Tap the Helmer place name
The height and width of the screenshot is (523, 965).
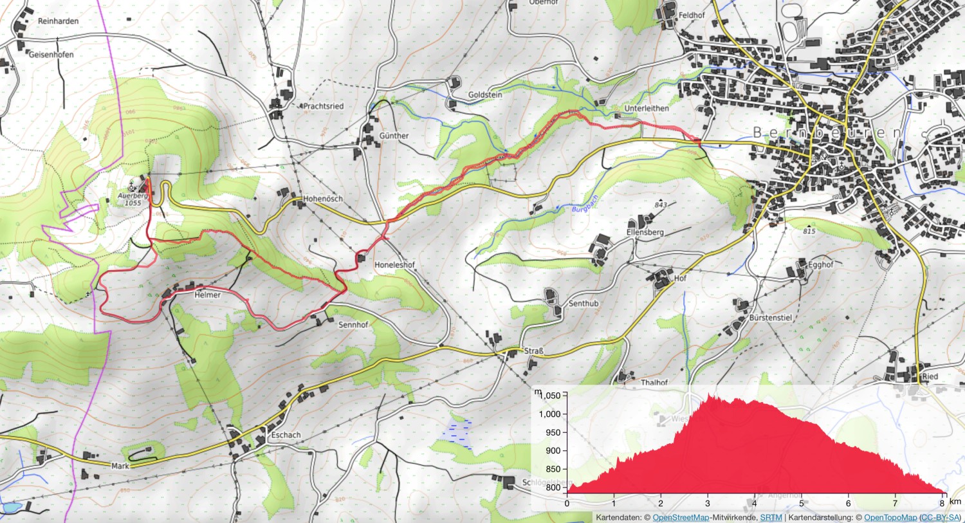[x=207, y=295]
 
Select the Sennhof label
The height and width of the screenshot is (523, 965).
[x=353, y=325]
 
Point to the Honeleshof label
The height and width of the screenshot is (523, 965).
[x=394, y=265]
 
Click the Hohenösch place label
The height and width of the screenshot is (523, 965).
[x=323, y=199]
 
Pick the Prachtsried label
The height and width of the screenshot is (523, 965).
[x=323, y=106]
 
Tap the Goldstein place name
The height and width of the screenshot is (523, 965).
[x=485, y=95]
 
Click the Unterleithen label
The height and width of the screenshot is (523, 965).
[x=647, y=109]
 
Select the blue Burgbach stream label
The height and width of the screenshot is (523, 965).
[x=585, y=204]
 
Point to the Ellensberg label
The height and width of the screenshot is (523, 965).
[x=645, y=232]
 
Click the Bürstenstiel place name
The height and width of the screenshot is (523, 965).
[x=770, y=318]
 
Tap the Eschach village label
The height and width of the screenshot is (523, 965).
[x=286, y=435]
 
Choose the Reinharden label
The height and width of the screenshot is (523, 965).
[x=58, y=21]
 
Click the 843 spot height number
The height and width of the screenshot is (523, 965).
[x=661, y=205]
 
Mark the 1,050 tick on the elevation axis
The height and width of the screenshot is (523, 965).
[x=552, y=396]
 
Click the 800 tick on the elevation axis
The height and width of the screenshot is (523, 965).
[x=553, y=488]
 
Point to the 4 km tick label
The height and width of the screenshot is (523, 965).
[x=755, y=503]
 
